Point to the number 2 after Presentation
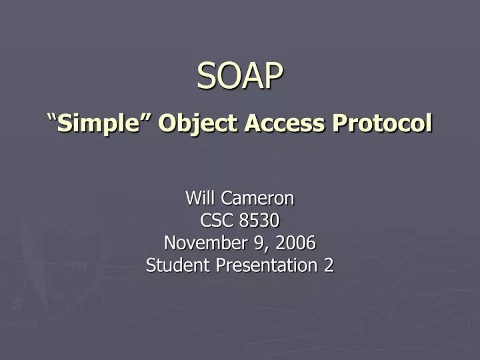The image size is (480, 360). click(x=329, y=265)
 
